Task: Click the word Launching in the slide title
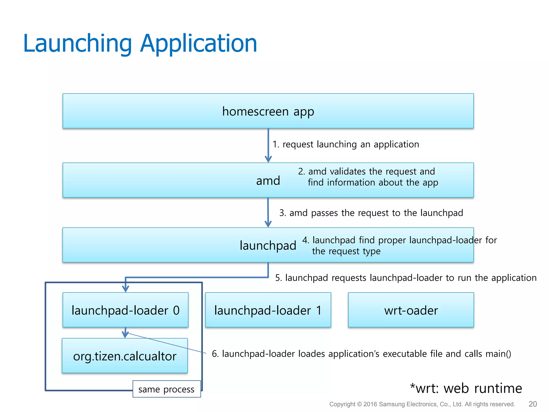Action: (x=77, y=44)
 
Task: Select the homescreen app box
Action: (x=268, y=111)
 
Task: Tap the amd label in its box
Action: (x=268, y=181)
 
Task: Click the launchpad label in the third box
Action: (x=268, y=245)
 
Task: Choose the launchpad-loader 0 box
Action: (x=125, y=310)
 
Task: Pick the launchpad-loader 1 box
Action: (x=268, y=310)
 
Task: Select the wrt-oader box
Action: (x=411, y=310)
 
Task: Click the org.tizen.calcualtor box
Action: (x=125, y=356)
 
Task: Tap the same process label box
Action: (x=166, y=389)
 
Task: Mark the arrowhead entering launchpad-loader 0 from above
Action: (x=125, y=289)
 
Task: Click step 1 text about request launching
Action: (x=346, y=144)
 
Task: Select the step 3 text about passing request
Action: (x=371, y=213)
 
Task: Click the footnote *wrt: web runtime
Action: (x=466, y=388)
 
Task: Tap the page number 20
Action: (x=532, y=404)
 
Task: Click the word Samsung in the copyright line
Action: (x=392, y=404)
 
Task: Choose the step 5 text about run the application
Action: (x=406, y=278)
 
